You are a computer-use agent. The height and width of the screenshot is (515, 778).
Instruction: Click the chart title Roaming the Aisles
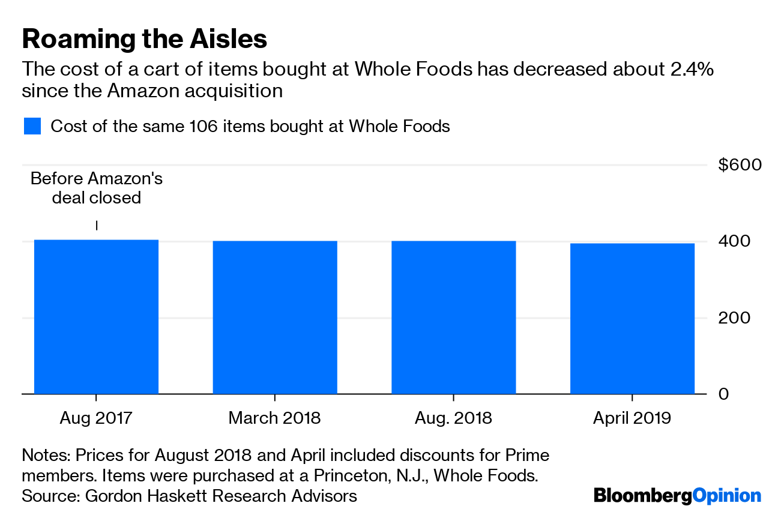click(144, 39)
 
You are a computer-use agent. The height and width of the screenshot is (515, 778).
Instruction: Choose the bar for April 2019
click(632, 318)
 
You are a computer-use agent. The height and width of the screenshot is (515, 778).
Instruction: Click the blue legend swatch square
click(32, 127)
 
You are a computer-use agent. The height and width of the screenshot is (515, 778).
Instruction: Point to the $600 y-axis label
click(740, 165)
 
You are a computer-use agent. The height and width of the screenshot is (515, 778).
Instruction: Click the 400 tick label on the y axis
click(734, 241)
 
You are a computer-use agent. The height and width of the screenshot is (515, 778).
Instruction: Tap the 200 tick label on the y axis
click(734, 318)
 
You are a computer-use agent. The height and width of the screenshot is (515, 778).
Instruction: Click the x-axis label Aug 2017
click(96, 418)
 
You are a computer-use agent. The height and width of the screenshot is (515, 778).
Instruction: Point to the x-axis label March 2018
click(275, 418)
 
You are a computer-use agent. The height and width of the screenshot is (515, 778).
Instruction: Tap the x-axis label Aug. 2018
click(453, 418)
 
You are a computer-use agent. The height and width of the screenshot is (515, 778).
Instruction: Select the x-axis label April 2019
click(632, 418)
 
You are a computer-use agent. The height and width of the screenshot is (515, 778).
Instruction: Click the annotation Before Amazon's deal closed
click(97, 188)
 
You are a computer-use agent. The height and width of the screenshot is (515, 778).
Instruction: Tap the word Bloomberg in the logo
click(642, 496)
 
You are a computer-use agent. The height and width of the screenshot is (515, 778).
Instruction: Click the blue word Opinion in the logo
click(726, 496)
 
